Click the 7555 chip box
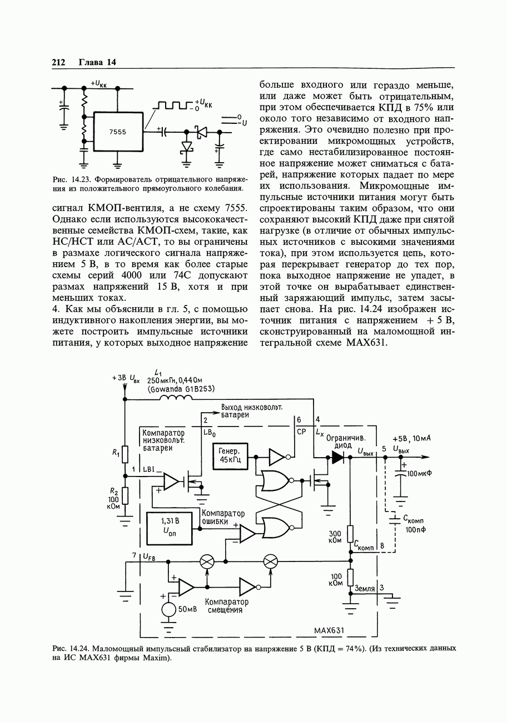point(117,132)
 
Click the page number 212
point(59,62)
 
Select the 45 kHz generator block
point(229,455)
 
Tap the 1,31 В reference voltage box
point(168,528)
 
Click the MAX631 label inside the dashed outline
point(329,630)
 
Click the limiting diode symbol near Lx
point(337,457)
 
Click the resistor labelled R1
point(125,454)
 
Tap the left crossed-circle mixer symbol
point(207,561)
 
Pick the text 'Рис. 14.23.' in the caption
point(68,179)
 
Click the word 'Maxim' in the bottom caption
point(156,659)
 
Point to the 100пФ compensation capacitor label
point(415,530)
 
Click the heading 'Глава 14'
point(97,62)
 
